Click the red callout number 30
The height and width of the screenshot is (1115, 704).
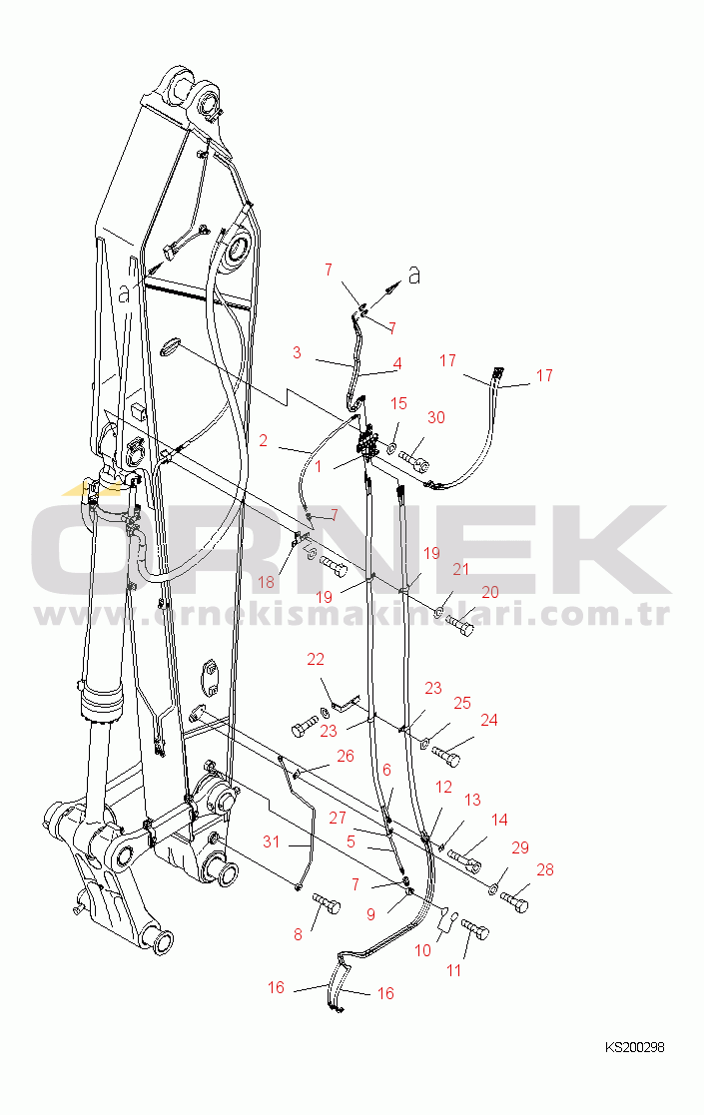[436, 417]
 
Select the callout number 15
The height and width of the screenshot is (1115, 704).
[399, 403]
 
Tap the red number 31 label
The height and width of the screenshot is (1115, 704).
[271, 841]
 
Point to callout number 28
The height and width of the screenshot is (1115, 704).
[544, 869]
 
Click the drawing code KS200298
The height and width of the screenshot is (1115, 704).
[635, 1047]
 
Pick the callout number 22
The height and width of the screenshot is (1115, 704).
[316, 659]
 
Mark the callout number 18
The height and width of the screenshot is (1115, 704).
[266, 582]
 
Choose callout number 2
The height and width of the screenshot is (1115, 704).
[263, 441]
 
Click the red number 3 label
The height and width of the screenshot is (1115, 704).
[298, 352]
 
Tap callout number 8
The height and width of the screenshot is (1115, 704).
[298, 934]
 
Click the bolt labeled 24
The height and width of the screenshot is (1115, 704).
[446, 756]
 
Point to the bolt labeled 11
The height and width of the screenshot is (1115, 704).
[475, 928]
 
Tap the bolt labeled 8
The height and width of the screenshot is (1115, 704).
[327, 904]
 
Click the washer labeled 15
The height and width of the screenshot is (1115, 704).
[391, 449]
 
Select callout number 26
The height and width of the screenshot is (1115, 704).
[346, 756]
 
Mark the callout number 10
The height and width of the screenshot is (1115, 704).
[423, 950]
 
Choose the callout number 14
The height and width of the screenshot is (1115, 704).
[500, 820]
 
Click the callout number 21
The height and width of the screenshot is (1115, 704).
[461, 569]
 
